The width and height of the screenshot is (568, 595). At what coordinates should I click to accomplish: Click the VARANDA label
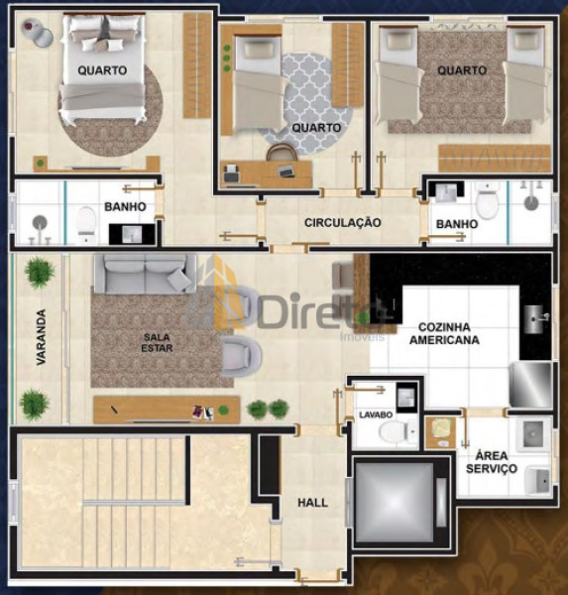point(41,337)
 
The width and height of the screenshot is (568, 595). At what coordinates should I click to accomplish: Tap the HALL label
point(312,503)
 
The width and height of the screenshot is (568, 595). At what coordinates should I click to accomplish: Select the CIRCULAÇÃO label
point(343,222)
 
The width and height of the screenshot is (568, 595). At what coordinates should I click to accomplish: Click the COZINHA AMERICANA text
point(444,333)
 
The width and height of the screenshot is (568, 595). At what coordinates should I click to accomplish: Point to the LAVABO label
point(376,415)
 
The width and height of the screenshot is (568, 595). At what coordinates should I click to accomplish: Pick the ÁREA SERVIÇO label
point(492,462)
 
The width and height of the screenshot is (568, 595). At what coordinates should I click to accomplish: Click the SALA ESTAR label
point(157,342)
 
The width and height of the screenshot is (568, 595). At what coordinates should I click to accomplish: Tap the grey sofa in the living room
point(146,274)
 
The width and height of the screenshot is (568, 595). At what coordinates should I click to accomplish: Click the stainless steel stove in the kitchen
point(530,385)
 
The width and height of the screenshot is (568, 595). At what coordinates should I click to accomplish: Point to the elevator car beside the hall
point(395,502)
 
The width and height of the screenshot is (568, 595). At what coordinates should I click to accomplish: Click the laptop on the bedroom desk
point(285,172)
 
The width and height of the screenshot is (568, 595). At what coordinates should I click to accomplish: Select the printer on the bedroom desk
point(232,173)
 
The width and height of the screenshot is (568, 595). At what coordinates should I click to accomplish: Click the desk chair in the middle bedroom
point(282,154)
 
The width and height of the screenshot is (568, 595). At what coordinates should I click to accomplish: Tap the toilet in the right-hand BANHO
point(487,202)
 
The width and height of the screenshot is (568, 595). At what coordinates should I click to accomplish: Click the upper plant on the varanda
point(39,272)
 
